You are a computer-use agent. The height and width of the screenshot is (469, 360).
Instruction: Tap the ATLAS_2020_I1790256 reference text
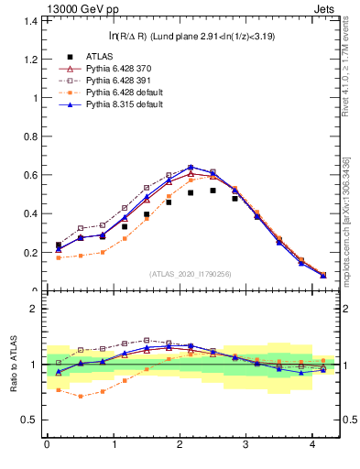190,274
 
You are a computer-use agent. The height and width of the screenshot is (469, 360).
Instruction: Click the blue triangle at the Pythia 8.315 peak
191,167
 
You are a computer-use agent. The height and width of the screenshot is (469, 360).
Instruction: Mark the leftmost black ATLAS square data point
59,245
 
